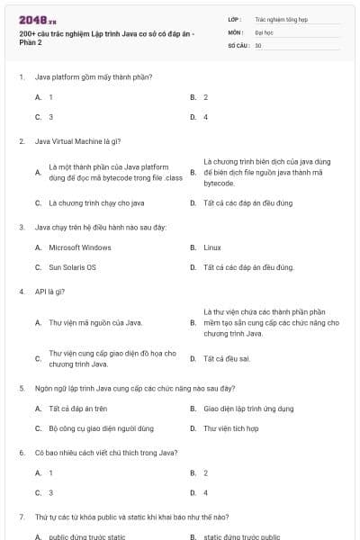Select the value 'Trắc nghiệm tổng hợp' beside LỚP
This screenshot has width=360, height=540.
280,18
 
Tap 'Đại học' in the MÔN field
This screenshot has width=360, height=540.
264,31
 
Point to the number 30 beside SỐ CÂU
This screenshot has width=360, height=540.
258,44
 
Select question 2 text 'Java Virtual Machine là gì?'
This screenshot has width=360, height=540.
77,141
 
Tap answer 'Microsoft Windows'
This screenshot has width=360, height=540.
80,247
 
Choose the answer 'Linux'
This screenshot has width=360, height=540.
212,247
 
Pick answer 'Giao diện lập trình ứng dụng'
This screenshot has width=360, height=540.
248,409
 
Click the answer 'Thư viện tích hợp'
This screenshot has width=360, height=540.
231,428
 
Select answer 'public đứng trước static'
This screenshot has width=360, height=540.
86,536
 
